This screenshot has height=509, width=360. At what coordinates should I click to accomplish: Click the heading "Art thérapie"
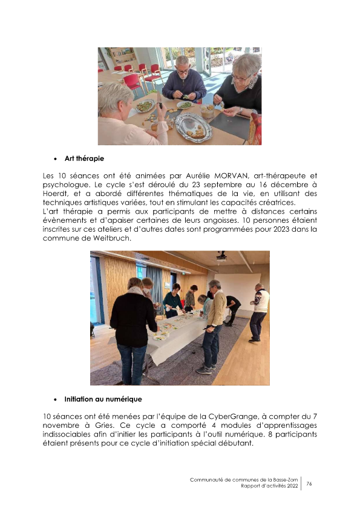click(84, 159)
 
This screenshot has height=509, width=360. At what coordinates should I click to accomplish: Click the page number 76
click(309, 484)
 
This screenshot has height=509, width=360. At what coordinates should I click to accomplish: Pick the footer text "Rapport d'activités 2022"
click(269, 487)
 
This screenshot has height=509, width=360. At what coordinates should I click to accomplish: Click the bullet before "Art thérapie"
click(56, 159)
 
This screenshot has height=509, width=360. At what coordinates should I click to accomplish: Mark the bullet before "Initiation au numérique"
click(56, 399)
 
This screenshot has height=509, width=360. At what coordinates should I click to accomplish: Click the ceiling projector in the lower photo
click(221, 257)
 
